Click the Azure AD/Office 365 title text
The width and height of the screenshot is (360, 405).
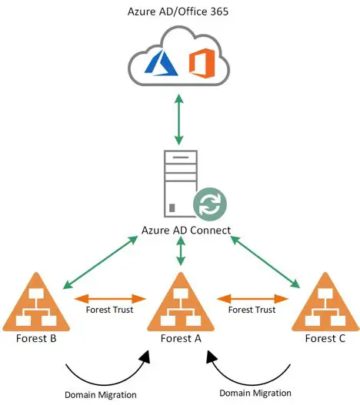[179, 12]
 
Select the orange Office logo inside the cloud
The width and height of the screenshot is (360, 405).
[202, 61]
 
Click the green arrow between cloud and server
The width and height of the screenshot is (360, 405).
[179, 119]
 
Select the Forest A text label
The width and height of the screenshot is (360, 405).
[180, 339]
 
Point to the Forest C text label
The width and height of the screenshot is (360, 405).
[322, 338]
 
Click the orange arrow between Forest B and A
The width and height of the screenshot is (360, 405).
[110, 297]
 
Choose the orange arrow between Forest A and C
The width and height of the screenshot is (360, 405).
[251, 297]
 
